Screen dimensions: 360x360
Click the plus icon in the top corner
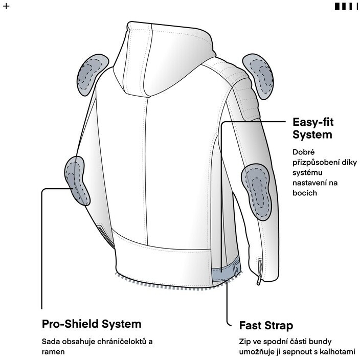point(6,7)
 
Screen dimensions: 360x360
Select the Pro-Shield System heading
point(91,324)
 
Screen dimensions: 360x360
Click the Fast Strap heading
point(266,326)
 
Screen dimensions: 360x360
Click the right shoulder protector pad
point(261,76)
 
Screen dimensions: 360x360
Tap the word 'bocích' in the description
point(305,193)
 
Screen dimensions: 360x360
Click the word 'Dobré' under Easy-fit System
point(304,152)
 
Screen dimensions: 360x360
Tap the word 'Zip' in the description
point(245,341)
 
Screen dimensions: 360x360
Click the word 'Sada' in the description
point(50,341)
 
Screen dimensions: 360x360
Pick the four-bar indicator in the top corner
point(343,7)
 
